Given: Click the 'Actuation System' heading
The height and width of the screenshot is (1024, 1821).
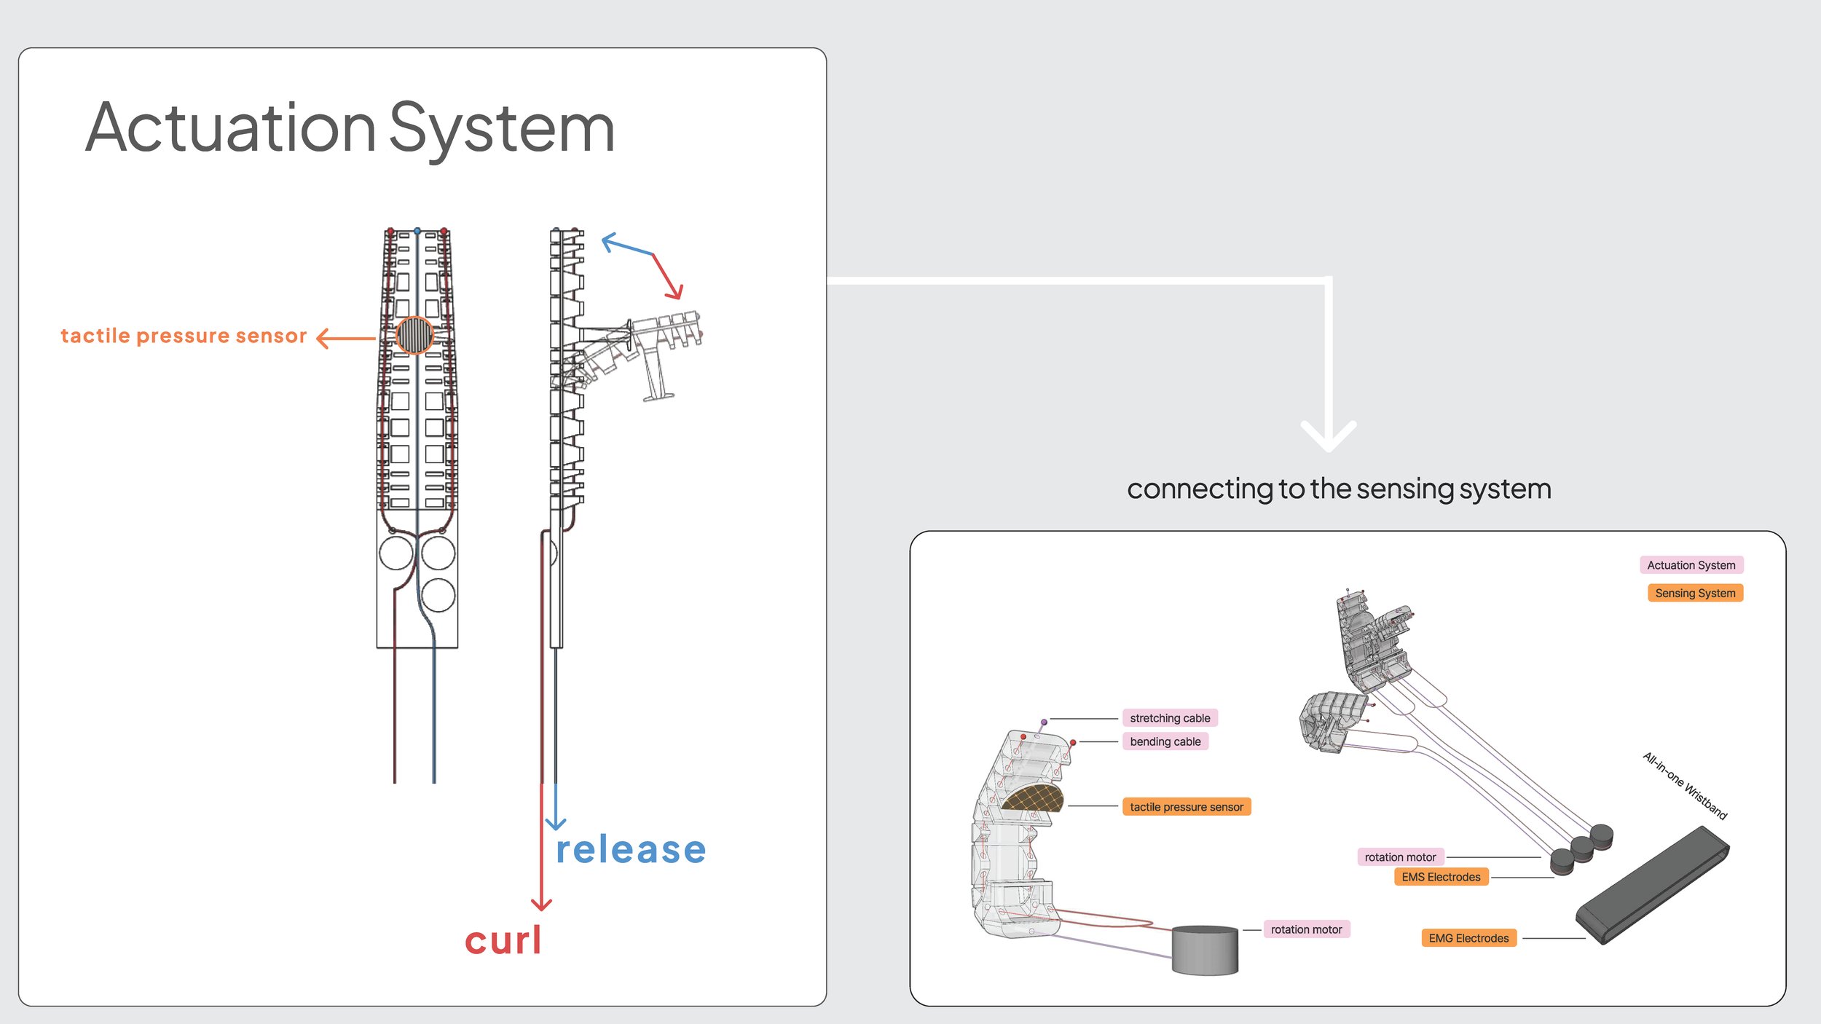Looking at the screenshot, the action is click(350, 130).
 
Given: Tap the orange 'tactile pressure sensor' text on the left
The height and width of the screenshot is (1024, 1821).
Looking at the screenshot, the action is click(184, 336).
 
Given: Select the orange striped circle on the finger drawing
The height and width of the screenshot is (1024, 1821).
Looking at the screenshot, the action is click(414, 335).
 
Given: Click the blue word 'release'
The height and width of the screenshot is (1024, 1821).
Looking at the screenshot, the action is click(631, 850).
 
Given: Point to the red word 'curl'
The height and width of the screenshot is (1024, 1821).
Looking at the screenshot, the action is click(503, 940).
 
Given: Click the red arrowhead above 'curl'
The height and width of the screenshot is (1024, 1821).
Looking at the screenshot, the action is click(541, 905).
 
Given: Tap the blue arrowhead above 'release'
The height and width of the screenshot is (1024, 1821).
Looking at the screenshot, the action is click(556, 824).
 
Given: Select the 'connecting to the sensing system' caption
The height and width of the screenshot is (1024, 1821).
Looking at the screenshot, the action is click(1339, 489).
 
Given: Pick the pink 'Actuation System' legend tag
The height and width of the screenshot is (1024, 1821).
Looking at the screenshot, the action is click(1691, 565).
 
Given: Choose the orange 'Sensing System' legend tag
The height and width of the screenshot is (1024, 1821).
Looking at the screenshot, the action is click(1695, 593).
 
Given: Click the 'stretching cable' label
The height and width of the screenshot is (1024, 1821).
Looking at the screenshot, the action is click(1170, 718).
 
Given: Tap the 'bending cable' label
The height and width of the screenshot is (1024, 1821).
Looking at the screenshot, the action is click(1165, 741).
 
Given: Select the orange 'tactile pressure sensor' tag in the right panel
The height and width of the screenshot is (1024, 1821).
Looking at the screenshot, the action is click(1187, 807).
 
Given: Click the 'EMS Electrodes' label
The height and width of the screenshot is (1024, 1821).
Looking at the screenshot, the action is click(1441, 877).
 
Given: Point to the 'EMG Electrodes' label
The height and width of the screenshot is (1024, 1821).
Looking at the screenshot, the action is click(1468, 938).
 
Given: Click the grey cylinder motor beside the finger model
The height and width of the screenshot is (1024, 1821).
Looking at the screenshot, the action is click(1205, 950).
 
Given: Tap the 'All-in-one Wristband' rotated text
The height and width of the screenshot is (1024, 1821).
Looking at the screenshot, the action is click(1685, 785).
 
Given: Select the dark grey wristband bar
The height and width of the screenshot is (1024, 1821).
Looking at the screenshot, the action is click(1652, 885).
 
